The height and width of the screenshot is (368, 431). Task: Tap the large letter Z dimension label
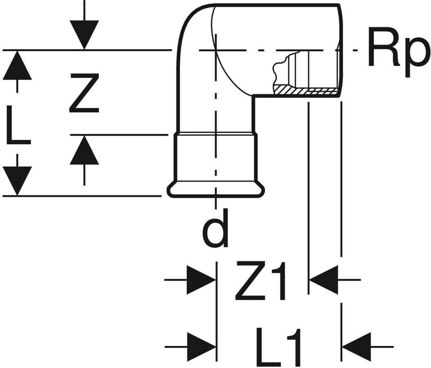tap(84, 93)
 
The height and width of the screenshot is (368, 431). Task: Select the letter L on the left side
tap(18, 125)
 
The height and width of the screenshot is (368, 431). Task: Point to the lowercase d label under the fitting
tap(215, 228)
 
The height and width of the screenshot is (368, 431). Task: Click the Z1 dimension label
tap(261, 281)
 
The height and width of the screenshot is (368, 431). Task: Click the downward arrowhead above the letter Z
tap(84, 34)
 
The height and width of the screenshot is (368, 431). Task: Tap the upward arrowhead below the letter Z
tap(84, 150)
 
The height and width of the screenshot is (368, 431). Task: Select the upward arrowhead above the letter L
tap(17, 65)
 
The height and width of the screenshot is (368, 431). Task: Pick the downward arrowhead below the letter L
tap(17, 181)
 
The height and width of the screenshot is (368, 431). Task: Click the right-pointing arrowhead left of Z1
tap(201, 280)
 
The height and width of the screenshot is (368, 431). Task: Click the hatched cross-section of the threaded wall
tap(305, 90)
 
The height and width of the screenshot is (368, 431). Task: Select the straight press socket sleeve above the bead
tap(216, 157)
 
